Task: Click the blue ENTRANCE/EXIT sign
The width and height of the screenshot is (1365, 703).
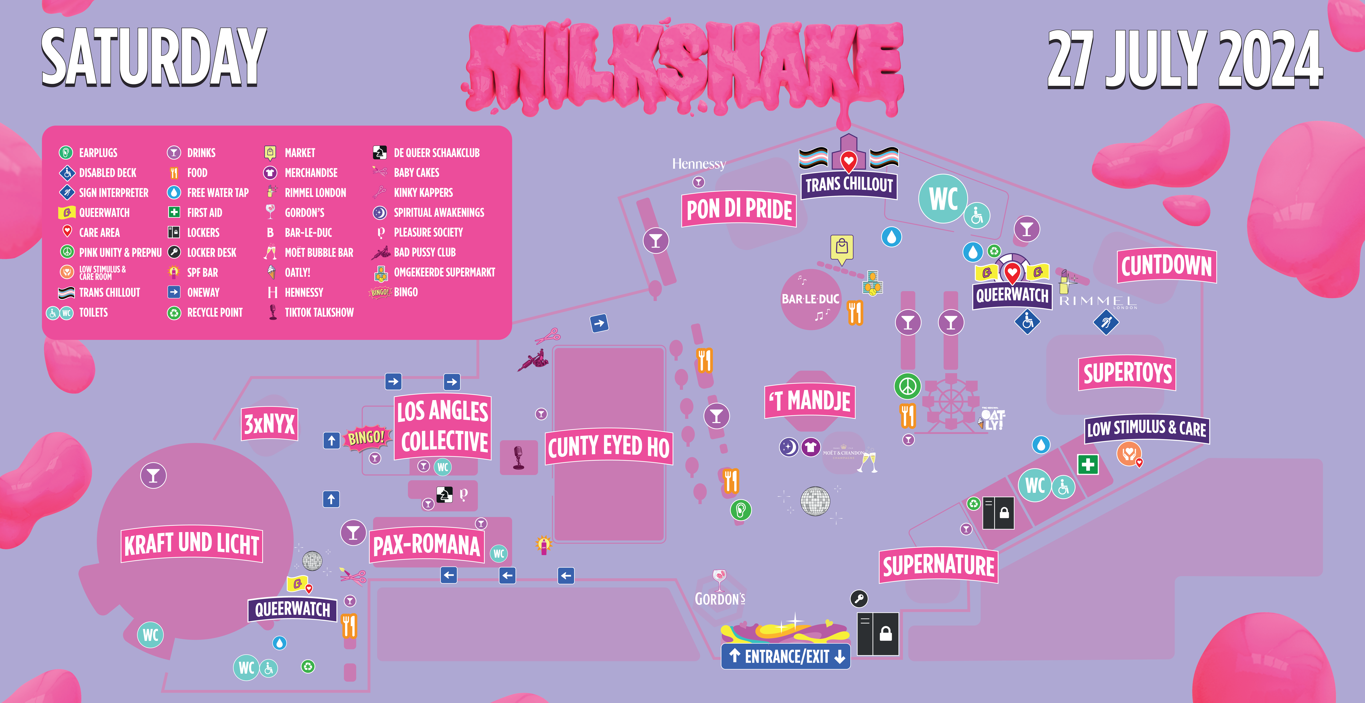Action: coord(786,656)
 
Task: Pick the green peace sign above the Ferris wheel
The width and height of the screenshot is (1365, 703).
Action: coord(907,386)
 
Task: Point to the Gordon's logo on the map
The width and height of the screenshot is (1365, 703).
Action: coord(720,588)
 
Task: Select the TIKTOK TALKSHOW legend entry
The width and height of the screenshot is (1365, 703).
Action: coord(319,312)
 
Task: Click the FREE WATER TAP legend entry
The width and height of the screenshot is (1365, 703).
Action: coord(217,192)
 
